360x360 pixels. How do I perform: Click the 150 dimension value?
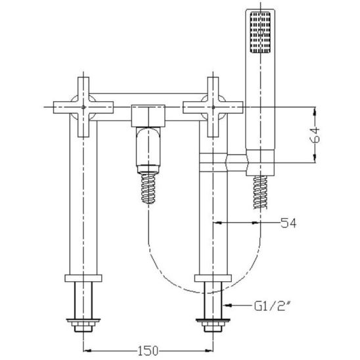(x=148, y=350)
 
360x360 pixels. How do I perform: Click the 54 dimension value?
(x=288, y=223)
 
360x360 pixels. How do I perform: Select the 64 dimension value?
(x=315, y=135)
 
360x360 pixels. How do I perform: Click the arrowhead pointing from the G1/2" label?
(x=227, y=305)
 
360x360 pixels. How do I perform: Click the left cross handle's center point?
(x=83, y=107)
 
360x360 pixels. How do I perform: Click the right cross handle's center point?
(x=213, y=107)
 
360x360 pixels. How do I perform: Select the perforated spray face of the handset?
(x=260, y=32)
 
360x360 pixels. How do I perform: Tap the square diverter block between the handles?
(x=148, y=116)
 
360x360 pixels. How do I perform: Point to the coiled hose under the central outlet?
(x=148, y=189)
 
